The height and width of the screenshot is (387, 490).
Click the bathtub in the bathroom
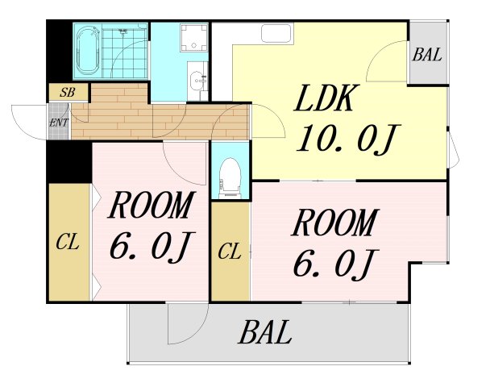pos(88,51)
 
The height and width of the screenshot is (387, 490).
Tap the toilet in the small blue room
pos(230,178)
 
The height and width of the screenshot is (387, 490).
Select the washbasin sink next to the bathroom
pos(197,81)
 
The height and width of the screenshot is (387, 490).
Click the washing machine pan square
pos(194,38)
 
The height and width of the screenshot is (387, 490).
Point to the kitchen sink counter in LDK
pos(277,33)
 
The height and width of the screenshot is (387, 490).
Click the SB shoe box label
pos(68,92)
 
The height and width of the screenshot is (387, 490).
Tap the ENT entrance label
pos(58,123)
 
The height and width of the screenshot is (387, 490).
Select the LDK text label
pos(326,99)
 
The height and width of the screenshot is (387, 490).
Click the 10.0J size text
pos(347,139)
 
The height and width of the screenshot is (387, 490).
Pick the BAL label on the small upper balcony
pos(427,55)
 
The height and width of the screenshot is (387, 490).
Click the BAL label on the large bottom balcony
pos(265,332)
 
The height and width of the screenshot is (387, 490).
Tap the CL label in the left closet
pos(68,243)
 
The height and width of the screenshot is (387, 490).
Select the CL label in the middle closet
pos(230,252)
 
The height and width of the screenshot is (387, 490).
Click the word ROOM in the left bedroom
pos(152,205)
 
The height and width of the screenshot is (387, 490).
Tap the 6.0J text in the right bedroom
pos(335,263)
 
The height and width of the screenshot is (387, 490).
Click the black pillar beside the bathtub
pos(59,52)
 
